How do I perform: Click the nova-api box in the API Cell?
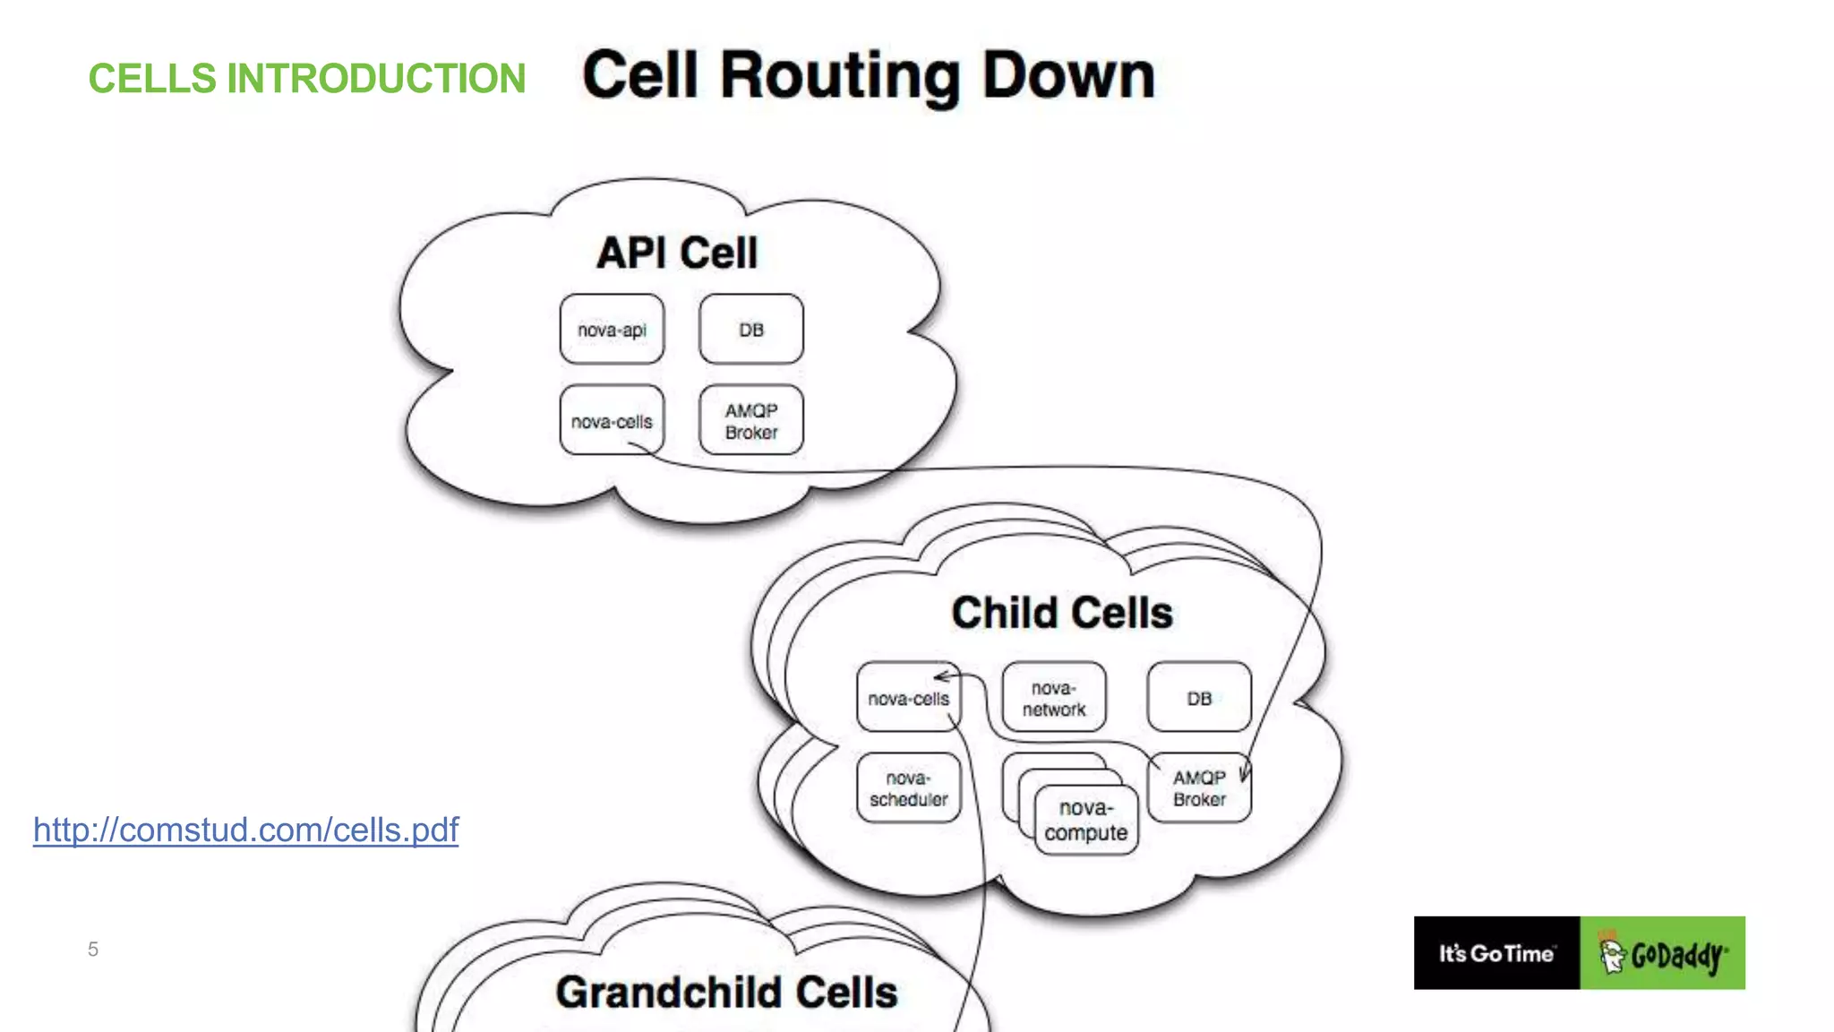[612, 330]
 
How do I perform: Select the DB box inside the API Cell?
[750, 330]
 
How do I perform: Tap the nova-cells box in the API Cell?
[612, 421]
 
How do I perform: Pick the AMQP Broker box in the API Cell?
[750, 421]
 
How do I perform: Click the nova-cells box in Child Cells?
[907, 699]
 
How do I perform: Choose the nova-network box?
[1053, 699]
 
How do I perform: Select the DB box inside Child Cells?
[1198, 699]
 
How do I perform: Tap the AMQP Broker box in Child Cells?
[1198, 788]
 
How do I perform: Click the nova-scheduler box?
[907, 788]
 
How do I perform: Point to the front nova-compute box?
[1085, 821]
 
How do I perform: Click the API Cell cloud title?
[677, 253]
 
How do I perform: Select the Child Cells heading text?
[1061, 614]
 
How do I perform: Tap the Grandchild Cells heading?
[726, 993]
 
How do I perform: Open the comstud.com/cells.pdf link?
[245, 830]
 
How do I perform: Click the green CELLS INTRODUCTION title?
[306, 79]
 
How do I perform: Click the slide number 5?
[93, 950]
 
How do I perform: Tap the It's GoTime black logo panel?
[1495, 953]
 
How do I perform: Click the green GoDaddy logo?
[1662, 953]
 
